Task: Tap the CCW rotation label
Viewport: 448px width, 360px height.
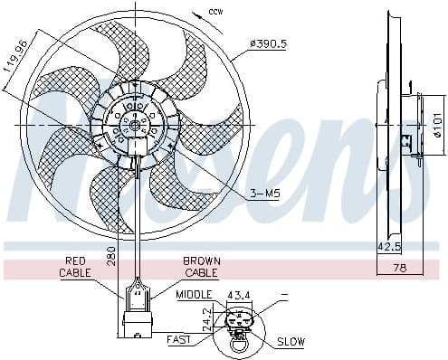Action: pos(214,11)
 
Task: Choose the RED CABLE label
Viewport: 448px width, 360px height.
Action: pos(76,266)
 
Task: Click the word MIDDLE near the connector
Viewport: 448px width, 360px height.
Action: pos(194,295)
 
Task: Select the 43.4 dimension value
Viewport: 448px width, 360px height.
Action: pos(238,295)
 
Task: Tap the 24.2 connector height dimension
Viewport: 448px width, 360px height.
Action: pos(207,317)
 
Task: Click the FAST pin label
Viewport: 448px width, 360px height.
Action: pos(178,340)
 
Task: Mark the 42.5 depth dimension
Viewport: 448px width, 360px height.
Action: pos(388,245)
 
